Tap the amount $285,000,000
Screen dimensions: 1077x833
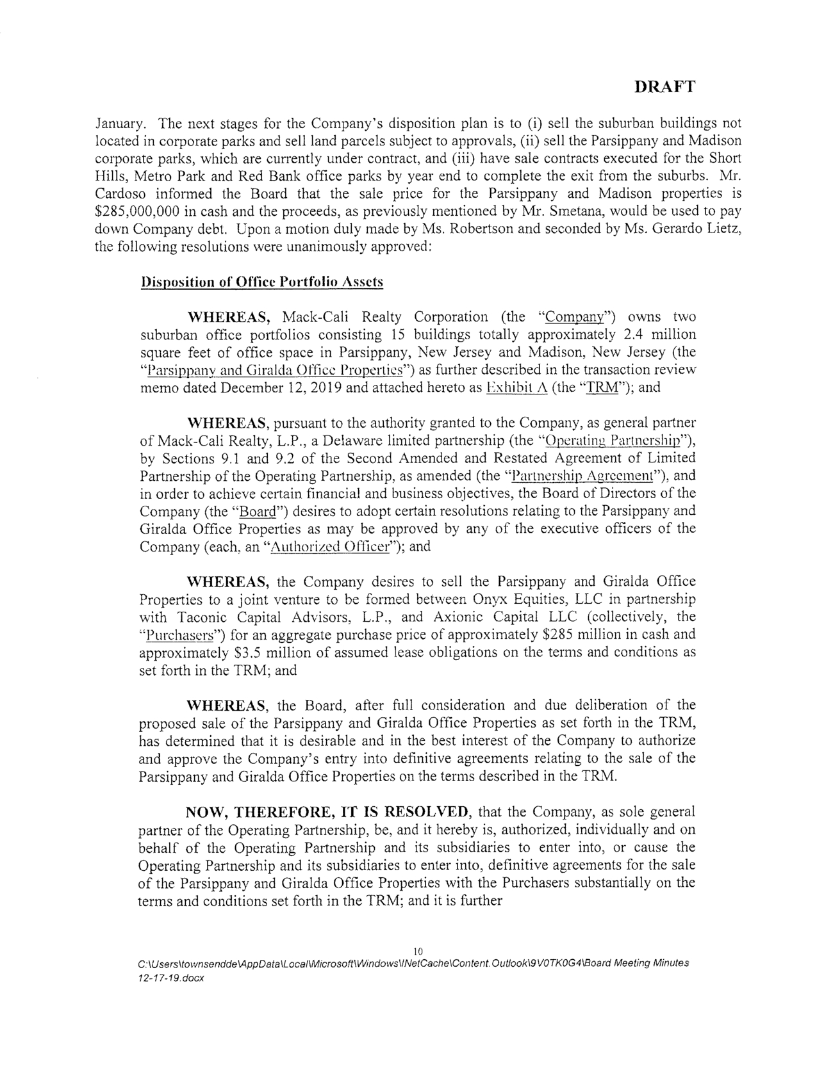[x=140, y=211]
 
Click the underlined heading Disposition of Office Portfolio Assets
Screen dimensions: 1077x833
[x=261, y=282]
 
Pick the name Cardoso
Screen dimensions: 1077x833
[x=119, y=193]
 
